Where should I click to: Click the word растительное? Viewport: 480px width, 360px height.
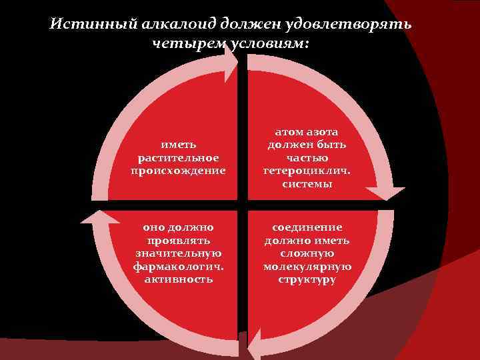pyautogui.click(x=178, y=158)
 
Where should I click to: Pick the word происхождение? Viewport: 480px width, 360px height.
pyautogui.click(x=178, y=170)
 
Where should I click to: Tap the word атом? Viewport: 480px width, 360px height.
pyautogui.click(x=288, y=132)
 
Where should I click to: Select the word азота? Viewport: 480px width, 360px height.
pyautogui.click(x=325, y=132)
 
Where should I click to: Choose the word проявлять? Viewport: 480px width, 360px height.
pyautogui.click(x=178, y=240)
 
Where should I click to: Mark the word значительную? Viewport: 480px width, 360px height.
pyautogui.click(x=178, y=253)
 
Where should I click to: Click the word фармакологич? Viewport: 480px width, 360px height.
pyautogui.click(x=178, y=266)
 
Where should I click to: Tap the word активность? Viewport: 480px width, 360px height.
pyautogui.click(x=178, y=279)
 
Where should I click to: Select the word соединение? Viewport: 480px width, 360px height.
pyautogui.click(x=307, y=227)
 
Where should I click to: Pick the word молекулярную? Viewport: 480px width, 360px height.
pyautogui.click(x=307, y=266)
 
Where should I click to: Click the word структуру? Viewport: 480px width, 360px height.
pyautogui.click(x=307, y=279)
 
